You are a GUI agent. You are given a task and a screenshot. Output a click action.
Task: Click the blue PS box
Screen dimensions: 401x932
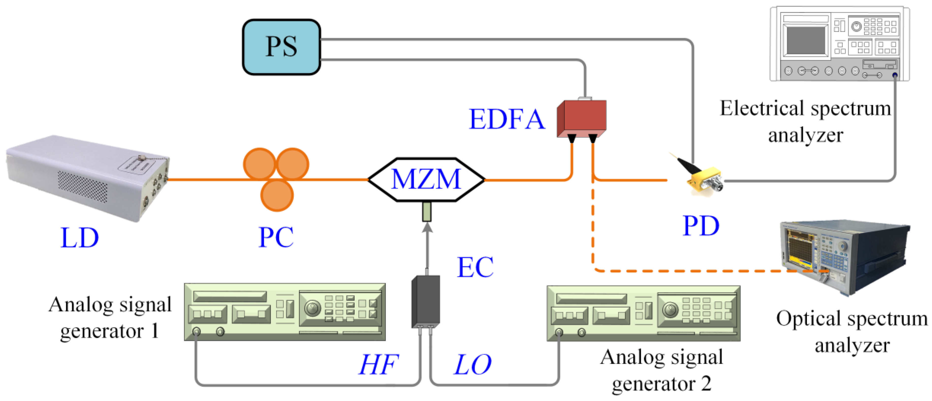(x=281, y=47)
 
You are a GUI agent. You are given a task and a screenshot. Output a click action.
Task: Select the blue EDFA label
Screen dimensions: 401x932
(x=506, y=119)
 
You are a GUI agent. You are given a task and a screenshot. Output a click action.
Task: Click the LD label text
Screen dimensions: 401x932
(x=79, y=238)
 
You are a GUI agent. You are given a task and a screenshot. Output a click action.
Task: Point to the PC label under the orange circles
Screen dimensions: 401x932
(x=276, y=237)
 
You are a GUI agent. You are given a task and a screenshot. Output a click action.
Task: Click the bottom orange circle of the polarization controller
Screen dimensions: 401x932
(x=277, y=195)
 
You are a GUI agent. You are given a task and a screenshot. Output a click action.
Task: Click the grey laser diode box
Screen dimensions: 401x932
(x=87, y=177)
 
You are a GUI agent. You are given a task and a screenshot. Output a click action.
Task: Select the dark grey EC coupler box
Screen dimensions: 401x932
(x=426, y=301)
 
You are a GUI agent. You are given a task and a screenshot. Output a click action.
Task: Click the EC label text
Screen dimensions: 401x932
(x=475, y=267)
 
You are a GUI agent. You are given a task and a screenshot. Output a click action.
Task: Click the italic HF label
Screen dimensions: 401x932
(x=378, y=364)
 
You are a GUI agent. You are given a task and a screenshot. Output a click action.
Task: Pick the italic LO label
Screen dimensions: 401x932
(x=472, y=364)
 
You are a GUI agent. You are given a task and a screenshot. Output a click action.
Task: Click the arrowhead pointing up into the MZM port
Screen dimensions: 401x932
(x=427, y=228)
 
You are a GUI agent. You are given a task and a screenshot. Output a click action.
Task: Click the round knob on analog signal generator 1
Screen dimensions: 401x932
(x=313, y=308)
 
